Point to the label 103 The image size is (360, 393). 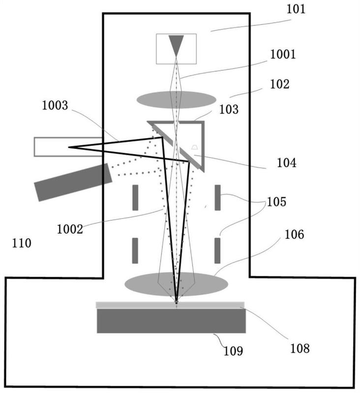[229, 109]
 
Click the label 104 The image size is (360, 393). [286, 162]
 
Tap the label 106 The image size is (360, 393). [294, 235]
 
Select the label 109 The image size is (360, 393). [232, 352]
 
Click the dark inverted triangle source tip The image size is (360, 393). [176, 45]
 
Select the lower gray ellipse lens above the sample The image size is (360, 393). [176, 284]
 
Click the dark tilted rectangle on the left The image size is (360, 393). [73, 182]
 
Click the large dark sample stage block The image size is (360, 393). [171, 321]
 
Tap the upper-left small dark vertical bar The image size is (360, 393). [135, 197]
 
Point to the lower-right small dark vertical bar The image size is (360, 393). [217, 250]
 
